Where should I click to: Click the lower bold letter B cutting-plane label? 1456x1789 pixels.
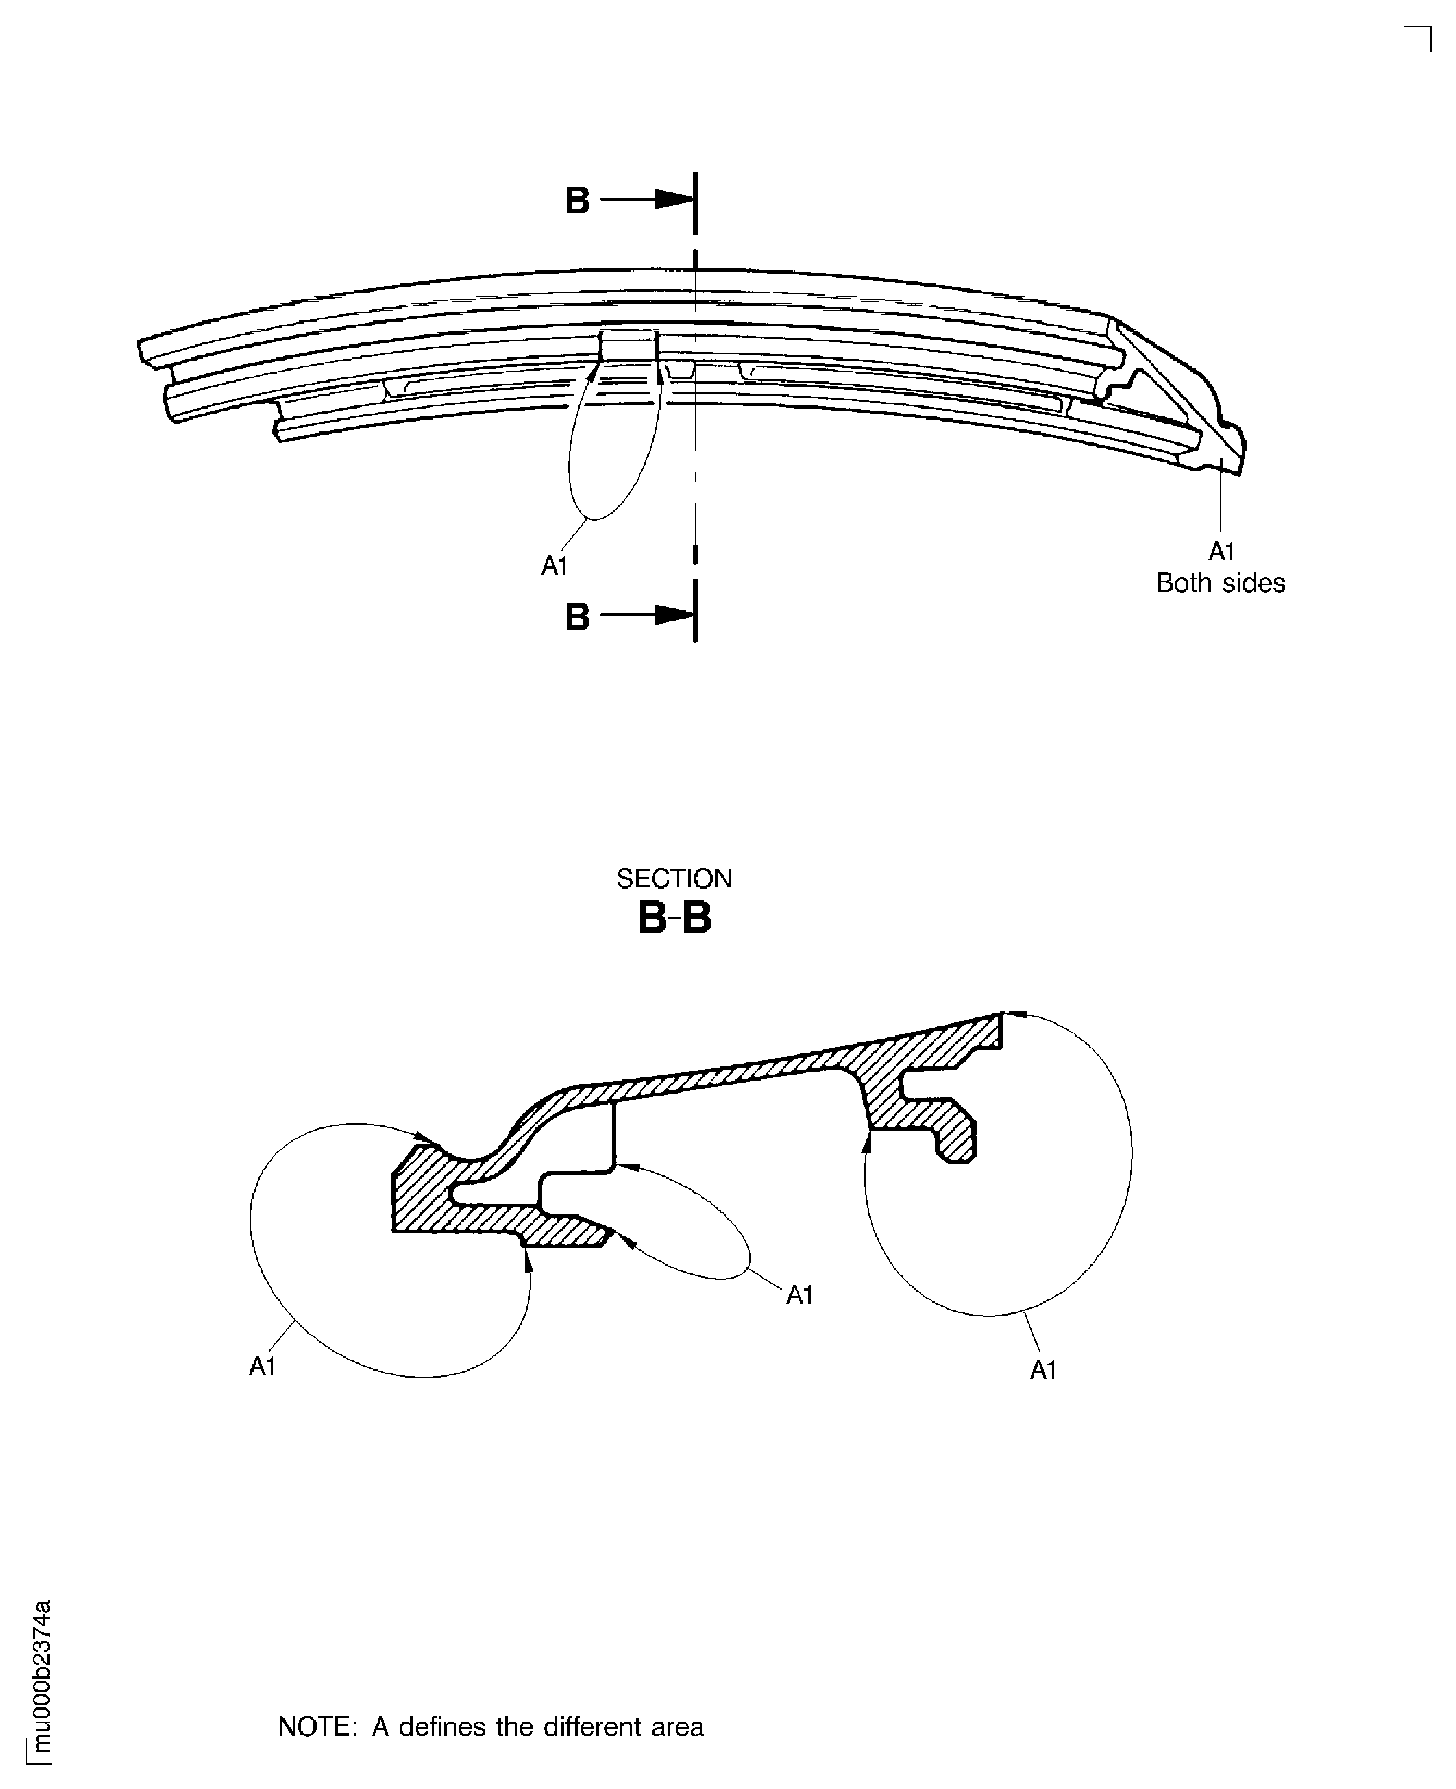coord(577,618)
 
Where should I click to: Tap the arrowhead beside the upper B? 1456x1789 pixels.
coord(674,200)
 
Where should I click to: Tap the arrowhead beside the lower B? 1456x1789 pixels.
coord(674,615)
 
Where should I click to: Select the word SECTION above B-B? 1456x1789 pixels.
coord(674,879)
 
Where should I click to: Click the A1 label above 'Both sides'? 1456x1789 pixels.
coord(1220,552)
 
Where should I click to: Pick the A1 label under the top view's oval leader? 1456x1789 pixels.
coord(554,566)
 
